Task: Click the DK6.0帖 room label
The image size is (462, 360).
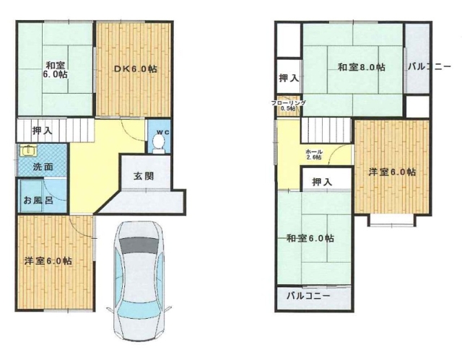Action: [135, 69]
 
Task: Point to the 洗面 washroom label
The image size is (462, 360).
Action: [43, 167]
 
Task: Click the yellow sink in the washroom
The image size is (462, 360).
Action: [28, 151]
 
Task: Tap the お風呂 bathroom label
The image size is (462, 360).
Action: [38, 200]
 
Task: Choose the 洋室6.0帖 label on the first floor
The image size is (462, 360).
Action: [52, 261]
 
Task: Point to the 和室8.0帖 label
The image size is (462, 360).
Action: [360, 68]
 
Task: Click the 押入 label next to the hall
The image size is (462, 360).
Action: [322, 183]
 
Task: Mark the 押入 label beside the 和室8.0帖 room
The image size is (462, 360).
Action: [289, 77]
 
